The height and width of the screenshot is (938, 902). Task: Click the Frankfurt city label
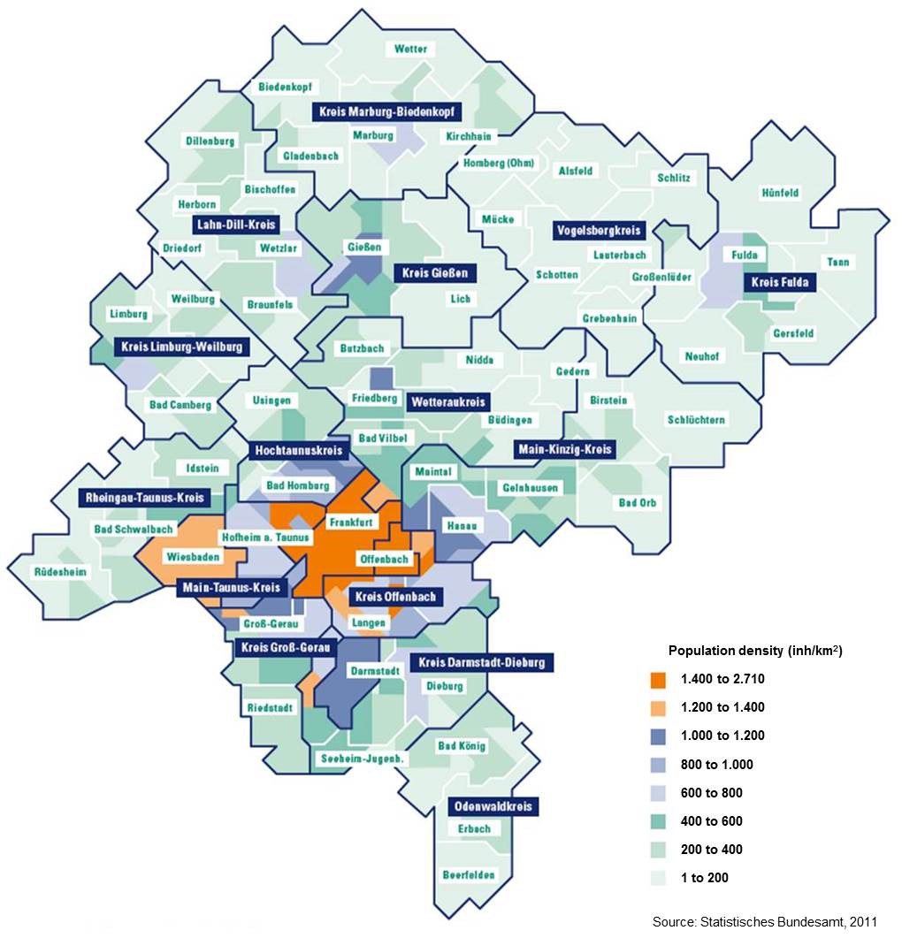(x=353, y=522)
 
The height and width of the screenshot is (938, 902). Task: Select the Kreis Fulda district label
(x=782, y=283)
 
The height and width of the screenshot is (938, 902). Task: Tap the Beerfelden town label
(x=470, y=874)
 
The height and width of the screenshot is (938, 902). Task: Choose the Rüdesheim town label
(x=60, y=572)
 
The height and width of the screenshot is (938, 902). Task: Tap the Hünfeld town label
(x=780, y=193)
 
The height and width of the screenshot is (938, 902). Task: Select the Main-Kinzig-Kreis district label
(x=564, y=450)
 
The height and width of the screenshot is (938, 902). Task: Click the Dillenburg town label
(x=210, y=141)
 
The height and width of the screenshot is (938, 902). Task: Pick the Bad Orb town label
(x=637, y=502)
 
